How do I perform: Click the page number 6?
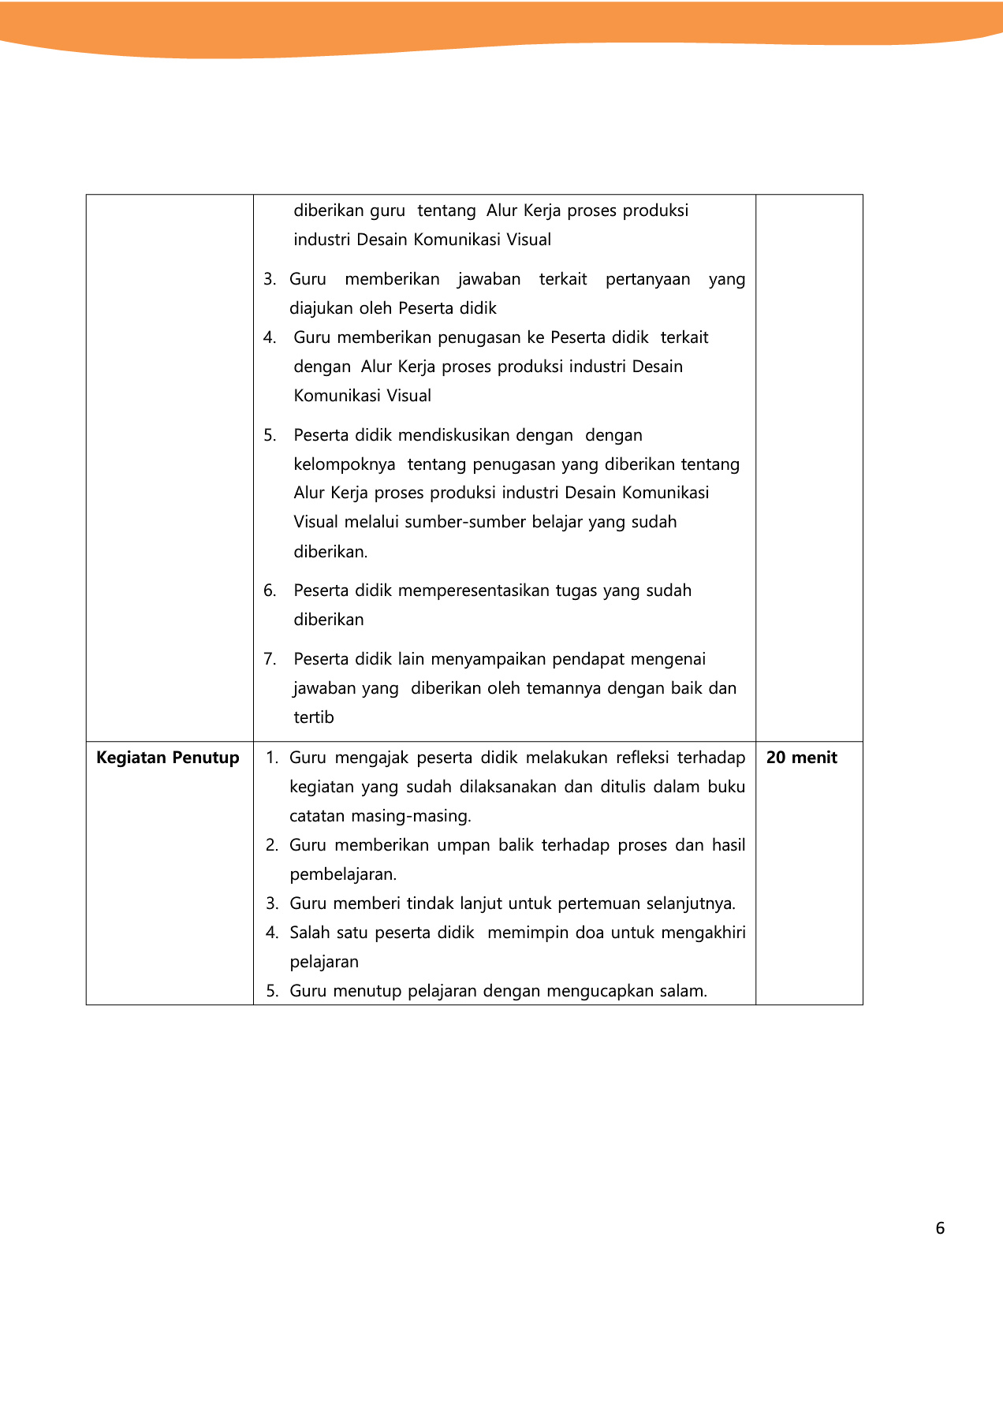tap(939, 1228)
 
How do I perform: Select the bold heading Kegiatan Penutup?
tap(167, 758)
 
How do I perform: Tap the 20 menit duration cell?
tap(801, 758)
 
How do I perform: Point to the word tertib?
tap(314, 717)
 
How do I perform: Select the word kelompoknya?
tap(345, 464)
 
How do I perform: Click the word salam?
tap(683, 991)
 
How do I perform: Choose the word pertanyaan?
tap(647, 279)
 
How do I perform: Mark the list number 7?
tap(270, 659)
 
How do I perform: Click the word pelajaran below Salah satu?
tap(324, 962)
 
